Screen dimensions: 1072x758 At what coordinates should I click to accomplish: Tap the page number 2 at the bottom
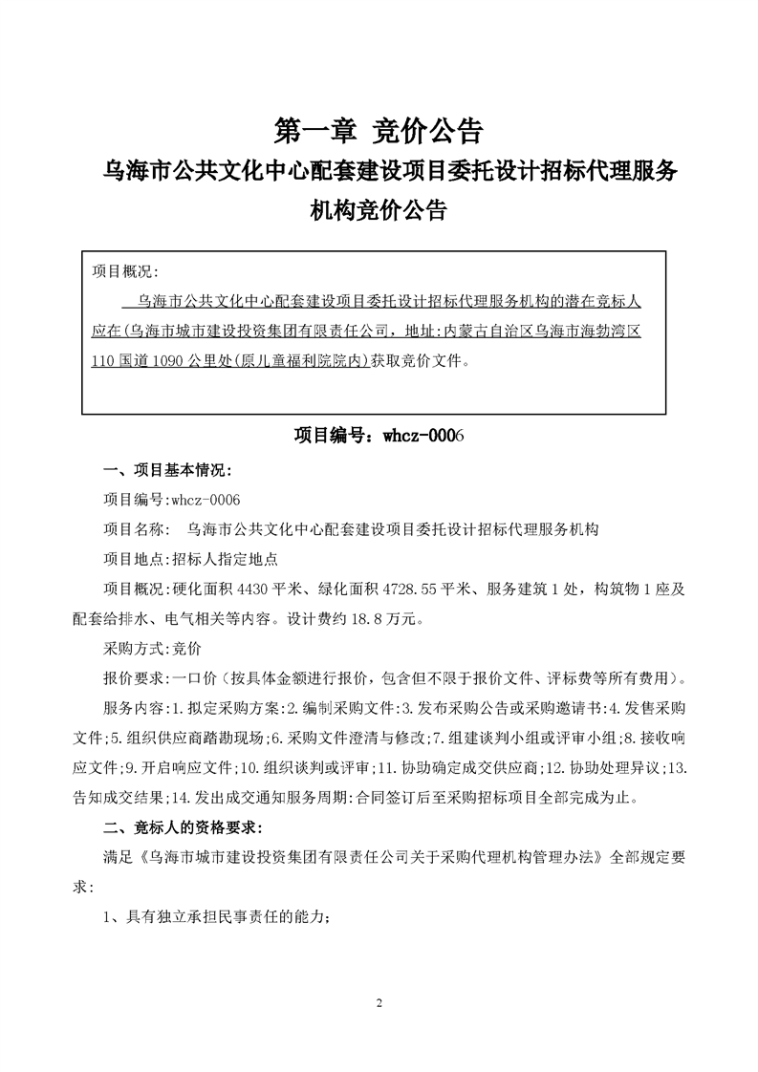point(379,1003)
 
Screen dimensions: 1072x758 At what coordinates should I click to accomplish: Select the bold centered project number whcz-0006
point(379,435)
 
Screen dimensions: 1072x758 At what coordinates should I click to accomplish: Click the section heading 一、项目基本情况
point(167,471)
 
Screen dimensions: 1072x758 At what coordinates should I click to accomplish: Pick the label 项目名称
point(134,527)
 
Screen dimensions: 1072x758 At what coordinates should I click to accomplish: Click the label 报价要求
point(134,678)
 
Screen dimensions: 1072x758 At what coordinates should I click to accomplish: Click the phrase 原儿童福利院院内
point(307,362)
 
